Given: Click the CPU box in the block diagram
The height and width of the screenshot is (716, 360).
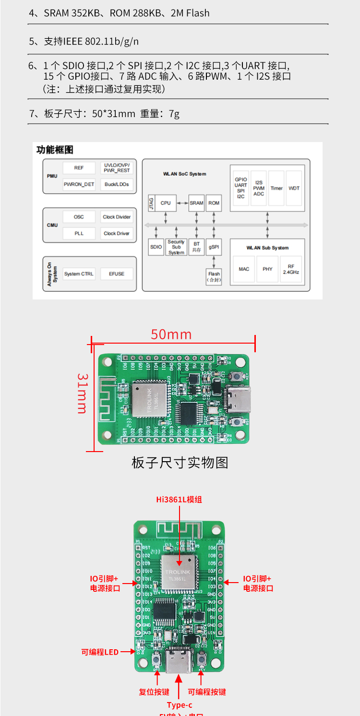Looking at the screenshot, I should click(166, 203).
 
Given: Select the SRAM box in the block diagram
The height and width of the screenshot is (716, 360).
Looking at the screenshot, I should click(196, 203).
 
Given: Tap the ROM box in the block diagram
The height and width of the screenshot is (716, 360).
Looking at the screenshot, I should click(214, 203).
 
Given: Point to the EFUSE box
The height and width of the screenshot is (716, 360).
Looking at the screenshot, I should click(116, 274).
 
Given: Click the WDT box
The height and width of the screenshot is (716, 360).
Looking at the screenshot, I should click(294, 188).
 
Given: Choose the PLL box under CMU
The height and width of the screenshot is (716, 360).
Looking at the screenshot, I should click(79, 234).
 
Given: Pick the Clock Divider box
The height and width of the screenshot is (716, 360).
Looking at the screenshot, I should click(117, 217).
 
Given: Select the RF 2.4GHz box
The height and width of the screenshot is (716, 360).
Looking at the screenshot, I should click(291, 269).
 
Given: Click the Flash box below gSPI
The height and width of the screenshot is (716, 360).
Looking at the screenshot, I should click(214, 276).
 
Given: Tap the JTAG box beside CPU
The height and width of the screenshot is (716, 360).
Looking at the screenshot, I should click(151, 203).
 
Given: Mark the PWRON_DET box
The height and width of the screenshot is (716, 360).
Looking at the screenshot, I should click(79, 184).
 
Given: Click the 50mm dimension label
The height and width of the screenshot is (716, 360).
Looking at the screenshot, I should click(171, 334).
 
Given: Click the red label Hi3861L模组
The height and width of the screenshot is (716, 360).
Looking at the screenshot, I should click(179, 500).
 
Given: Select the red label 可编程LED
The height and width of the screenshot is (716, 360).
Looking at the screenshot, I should click(100, 652).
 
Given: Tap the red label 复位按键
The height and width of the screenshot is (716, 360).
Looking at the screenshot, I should click(154, 692).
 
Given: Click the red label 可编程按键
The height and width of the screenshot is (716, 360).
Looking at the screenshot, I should click(206, 692).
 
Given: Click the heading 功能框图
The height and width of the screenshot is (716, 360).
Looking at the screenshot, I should click(55, 150).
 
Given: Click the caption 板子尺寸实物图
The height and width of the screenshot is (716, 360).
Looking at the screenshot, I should click(180, 463).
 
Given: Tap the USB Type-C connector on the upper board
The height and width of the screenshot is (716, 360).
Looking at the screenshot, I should click(239, 399).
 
